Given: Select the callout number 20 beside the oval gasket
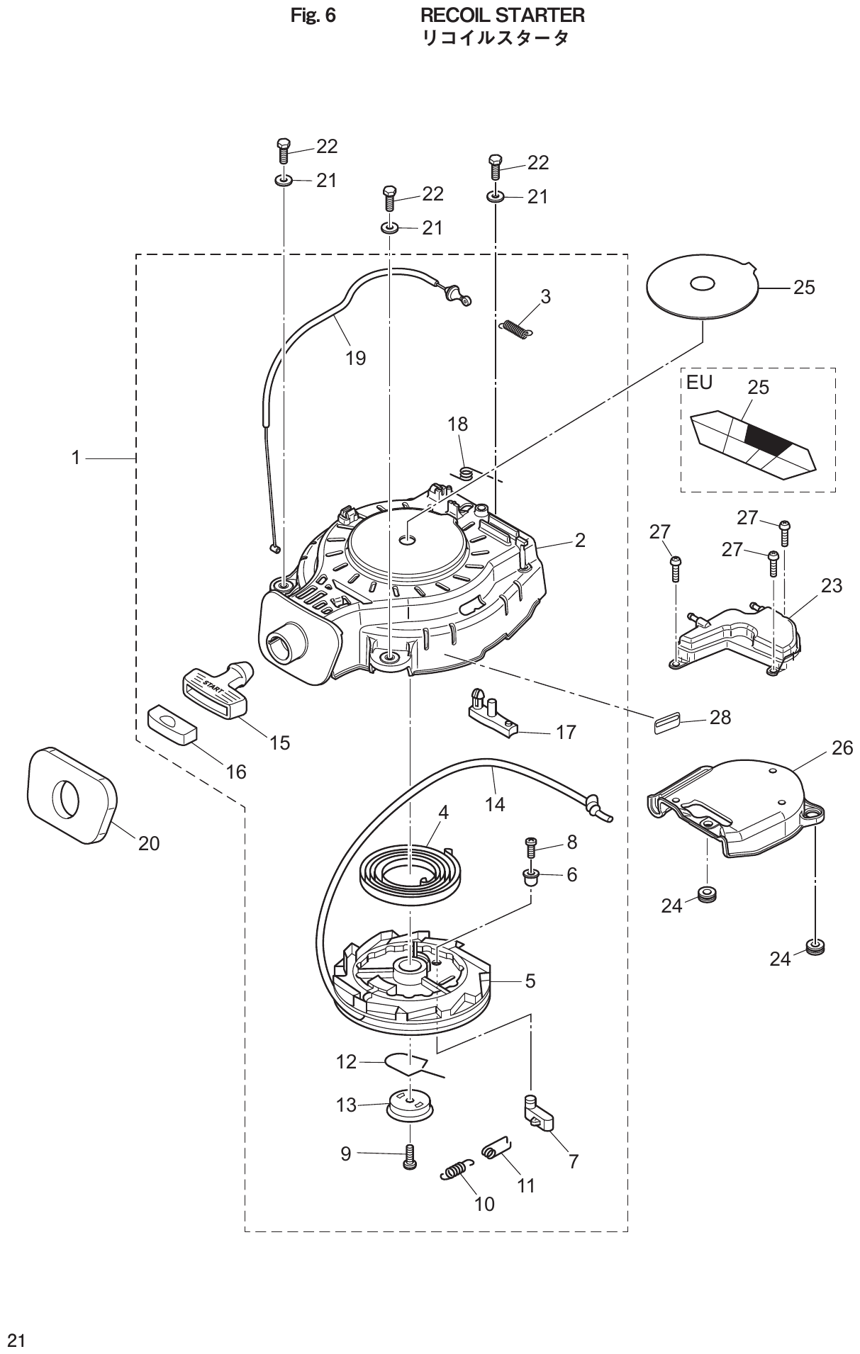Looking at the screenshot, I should point(149,843).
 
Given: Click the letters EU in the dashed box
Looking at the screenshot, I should point(699,383).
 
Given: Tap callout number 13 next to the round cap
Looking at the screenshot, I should point(346,1105).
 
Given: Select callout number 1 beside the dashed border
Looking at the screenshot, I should point(76,458).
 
